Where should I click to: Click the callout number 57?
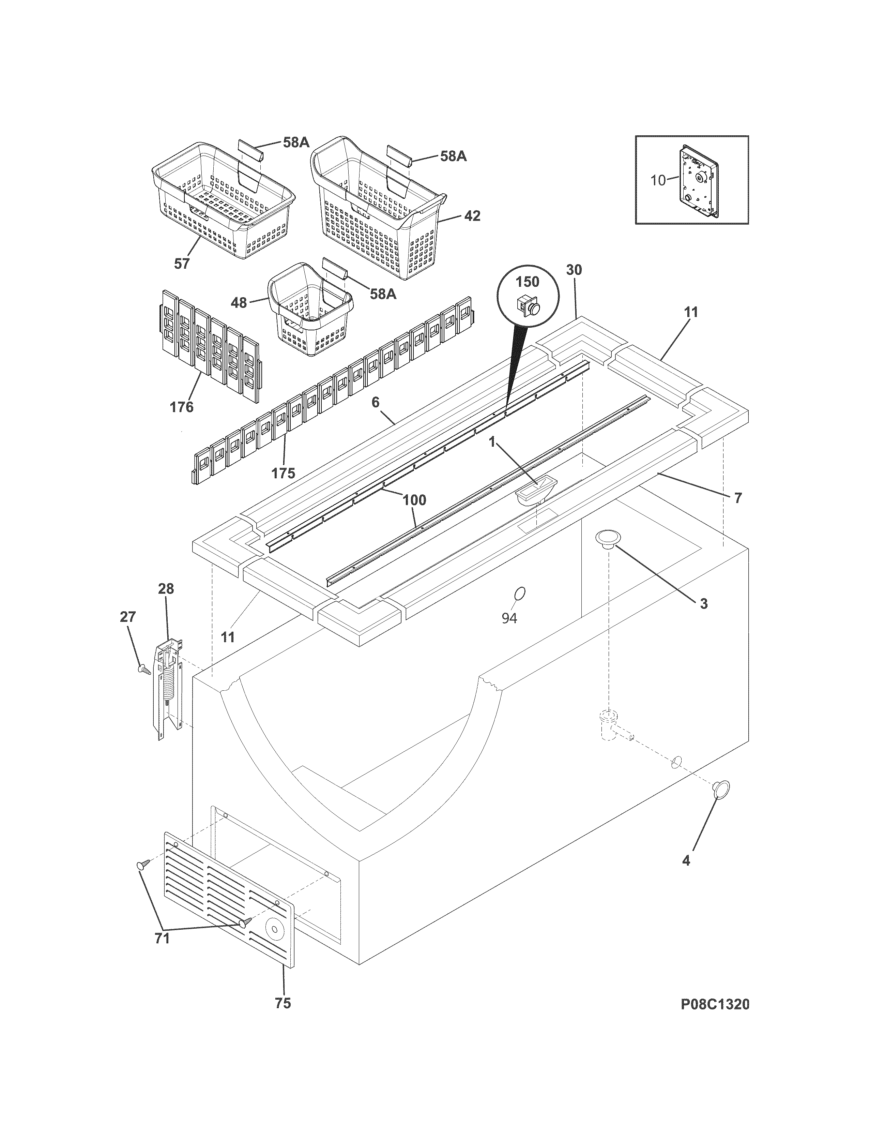point(182,264)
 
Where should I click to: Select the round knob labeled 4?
point(721,789)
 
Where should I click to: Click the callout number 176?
point(182,407)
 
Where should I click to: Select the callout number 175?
point(284,473)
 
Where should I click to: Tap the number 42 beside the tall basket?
point(472,216)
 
